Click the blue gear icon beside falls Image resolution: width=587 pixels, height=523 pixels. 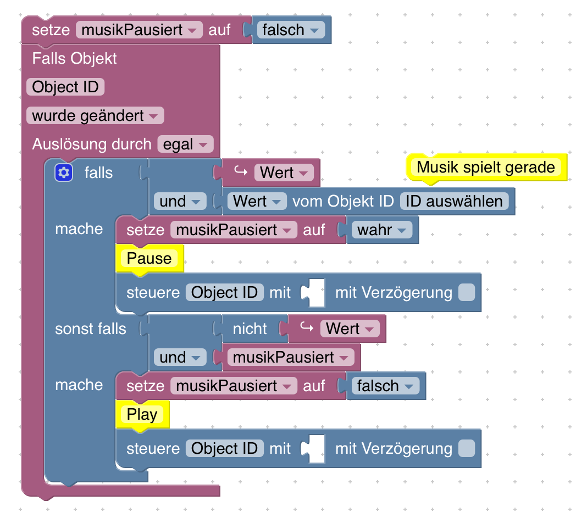64,173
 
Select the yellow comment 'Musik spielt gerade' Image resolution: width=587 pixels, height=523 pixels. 486,167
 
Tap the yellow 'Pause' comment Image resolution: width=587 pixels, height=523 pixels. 149,258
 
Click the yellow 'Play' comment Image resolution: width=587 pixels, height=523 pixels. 142,414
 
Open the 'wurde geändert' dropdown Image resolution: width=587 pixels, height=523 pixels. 95,116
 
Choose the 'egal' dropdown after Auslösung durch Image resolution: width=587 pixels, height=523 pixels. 185,144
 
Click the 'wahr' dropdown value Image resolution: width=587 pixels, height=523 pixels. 382,230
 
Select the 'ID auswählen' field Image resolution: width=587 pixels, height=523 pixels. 454,201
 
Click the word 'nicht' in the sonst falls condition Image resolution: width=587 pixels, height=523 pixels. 250,329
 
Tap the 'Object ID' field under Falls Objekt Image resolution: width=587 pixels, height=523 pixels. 65,87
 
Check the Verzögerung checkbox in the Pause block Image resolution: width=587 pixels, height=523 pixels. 466,292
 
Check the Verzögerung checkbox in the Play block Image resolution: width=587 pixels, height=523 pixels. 466,448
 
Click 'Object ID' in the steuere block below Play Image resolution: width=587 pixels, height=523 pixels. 224,448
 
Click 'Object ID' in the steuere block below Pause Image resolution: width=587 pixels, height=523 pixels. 224,292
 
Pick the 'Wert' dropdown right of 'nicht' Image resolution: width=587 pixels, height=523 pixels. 350,329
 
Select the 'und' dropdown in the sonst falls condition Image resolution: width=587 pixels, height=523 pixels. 179,357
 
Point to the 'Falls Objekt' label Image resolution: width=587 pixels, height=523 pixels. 74,58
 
